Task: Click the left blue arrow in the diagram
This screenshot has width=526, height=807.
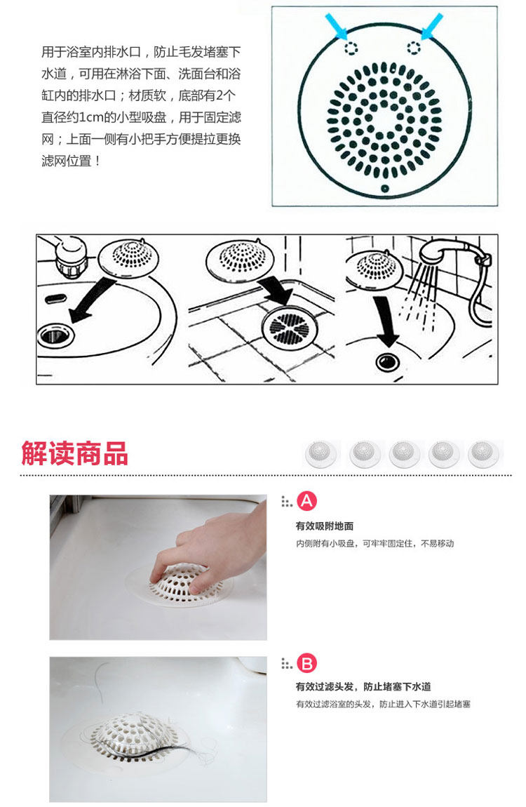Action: coord(337,26)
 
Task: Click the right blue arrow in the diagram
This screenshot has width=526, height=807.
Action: coord(431,26)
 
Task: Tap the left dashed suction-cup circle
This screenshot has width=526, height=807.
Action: coord(351,48)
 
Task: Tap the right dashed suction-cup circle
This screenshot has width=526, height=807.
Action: coord(414,47)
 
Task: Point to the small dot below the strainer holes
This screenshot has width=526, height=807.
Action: coord(384,188)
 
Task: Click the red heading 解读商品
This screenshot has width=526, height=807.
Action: coord(74,453)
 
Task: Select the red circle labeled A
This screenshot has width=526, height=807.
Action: coord(307,501)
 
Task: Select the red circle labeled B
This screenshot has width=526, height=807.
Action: coord(307,663)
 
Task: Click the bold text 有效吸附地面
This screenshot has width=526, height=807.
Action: coord(325,526)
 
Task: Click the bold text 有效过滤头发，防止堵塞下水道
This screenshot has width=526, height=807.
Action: coord(363,686)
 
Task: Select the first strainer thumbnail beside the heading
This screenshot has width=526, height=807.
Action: coord(321,454)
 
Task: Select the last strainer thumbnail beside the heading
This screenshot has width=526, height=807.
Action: coord(483,454)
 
